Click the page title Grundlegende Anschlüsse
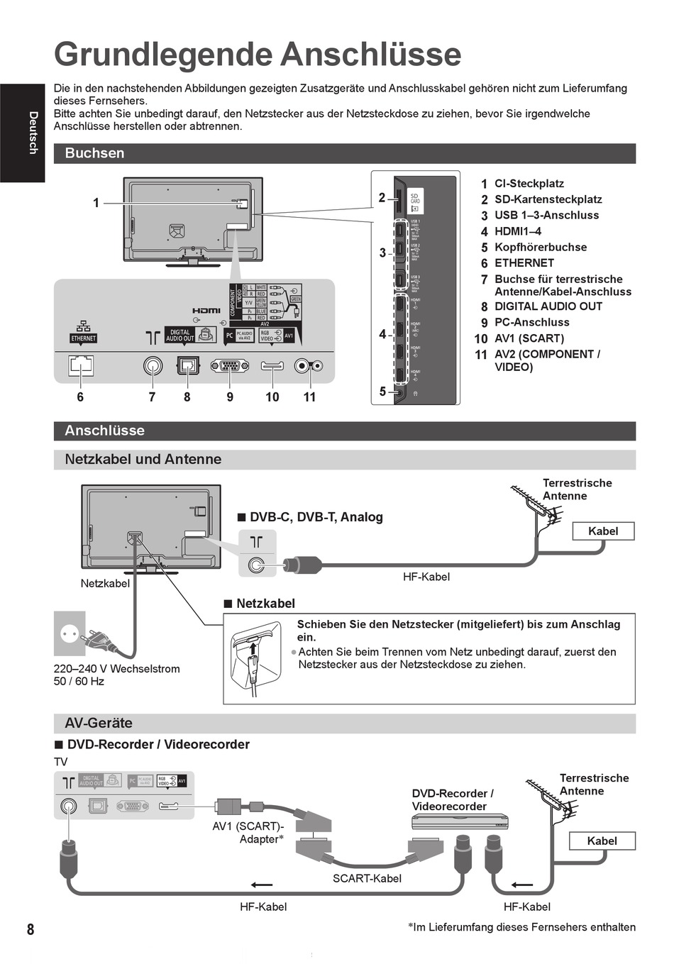pos(258,55)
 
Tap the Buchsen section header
pos(94,153)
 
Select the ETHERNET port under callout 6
pos(81,365)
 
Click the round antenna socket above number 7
pos(153,365)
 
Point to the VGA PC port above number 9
pos(229,366)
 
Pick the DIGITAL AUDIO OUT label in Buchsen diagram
pos(179,336)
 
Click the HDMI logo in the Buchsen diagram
pos(206,311)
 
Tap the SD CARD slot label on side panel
pos(415,199)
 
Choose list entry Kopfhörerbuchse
pos(540,247)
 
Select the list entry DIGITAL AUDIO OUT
pos(548,306)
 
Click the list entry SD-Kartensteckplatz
pos(548,199)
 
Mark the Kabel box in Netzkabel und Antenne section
pos(602,531)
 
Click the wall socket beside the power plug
pos(70,633)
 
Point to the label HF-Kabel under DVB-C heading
pos(426,577)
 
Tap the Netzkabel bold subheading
pos(265,604)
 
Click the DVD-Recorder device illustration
pos(460,821)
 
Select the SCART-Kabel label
pos(367,878)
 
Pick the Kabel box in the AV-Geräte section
pos(602,841)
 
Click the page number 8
pos(31,929)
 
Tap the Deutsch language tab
pos(32,133)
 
